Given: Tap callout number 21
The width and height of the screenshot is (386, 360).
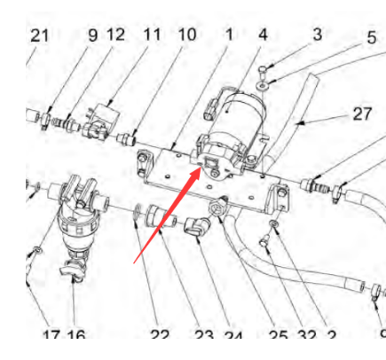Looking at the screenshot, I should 40,35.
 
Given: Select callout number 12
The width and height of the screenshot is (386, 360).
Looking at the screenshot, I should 115,35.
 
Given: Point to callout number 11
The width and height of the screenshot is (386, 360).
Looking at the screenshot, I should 152,35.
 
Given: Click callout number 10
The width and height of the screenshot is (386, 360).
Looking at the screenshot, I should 186,35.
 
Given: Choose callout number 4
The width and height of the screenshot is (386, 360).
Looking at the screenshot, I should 263,35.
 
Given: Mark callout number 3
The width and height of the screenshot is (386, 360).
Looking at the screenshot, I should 316,35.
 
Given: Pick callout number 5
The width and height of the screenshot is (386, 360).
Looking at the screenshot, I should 372,38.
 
